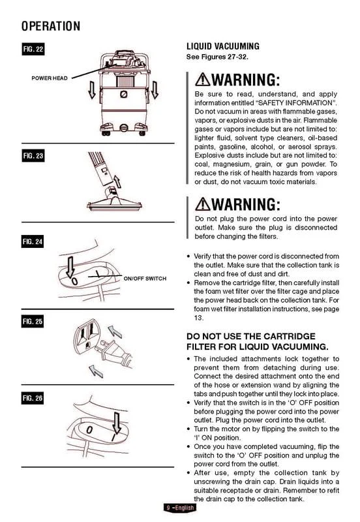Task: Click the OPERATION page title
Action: [51, 26]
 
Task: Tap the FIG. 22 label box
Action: [33, 50]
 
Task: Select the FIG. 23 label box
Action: [33, 156]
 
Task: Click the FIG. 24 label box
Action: [33, 241]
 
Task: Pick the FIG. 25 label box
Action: [33, 322]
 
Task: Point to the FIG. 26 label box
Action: [33, 398]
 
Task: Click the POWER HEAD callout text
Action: [50, 78]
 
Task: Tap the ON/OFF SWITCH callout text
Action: [145, 279]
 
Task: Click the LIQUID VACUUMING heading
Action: [223, 46]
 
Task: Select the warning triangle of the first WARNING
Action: [203, 80]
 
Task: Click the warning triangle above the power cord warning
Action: [203, 204]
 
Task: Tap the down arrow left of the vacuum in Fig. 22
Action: [92, 90]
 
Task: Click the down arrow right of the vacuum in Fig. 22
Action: [155, 90]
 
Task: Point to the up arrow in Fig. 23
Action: [117, 181]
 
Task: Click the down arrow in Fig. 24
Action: [70, 267]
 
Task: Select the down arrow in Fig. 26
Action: [117, 423]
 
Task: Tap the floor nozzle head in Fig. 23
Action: [114, 202]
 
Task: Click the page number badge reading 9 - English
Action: [180, 508]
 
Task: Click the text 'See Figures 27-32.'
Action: [217, 57]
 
